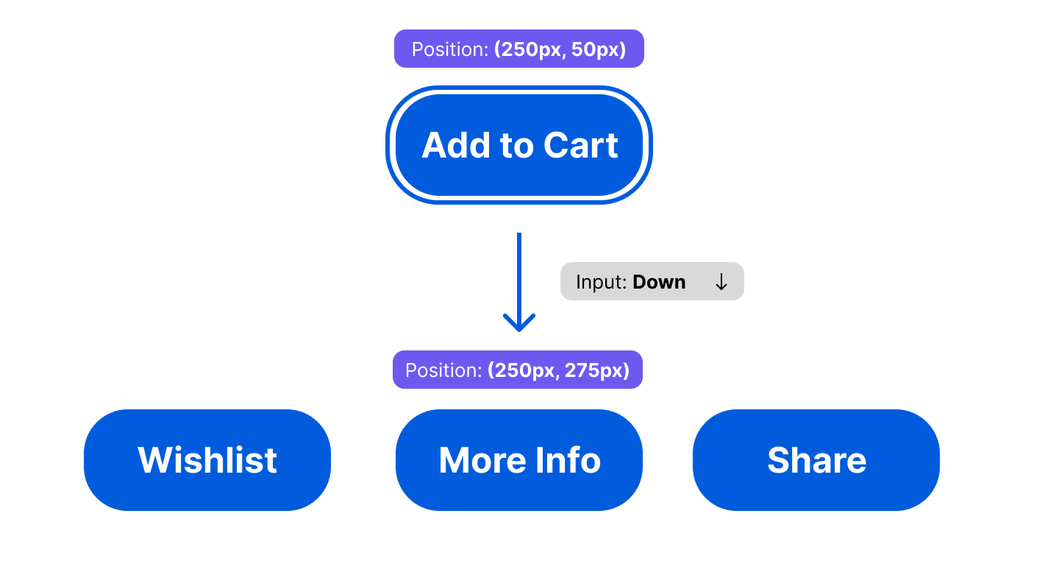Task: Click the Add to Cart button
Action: click(x=518, y=145)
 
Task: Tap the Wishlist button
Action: click(x=207, y=460)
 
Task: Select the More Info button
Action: click(x=518, y=460)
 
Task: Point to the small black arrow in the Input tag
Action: click(x=721, y=282)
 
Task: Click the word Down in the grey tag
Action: click(x=659, y=282)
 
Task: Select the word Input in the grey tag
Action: click(x=600, y=282)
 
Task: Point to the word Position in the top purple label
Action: click(x=449, y=49)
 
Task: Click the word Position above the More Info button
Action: click(x=443, y=370)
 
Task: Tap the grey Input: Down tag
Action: click(x=652, y=282)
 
